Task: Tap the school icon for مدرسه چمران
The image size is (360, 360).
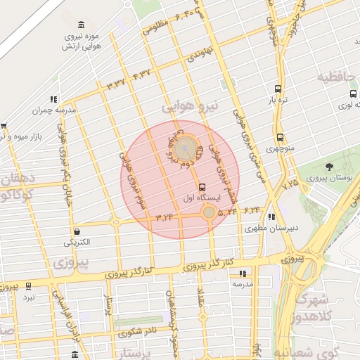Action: [x=53, y=100]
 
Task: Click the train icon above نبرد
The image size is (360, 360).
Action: [x=29, y=286]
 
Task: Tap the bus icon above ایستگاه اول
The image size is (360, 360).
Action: [x=202, y=187]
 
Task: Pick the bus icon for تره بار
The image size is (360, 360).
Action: [x=278, y=89]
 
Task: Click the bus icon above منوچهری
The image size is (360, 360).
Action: [x=281, y=138]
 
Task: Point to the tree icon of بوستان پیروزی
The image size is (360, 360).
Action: [x=329, y=166]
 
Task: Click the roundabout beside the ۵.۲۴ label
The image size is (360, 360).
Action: [x=209, y=212]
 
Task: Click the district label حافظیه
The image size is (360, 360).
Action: [x=338, y=77]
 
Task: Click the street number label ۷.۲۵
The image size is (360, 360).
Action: [x=290, y=184]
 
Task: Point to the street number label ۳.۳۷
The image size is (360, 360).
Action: [x=116, y=84]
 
